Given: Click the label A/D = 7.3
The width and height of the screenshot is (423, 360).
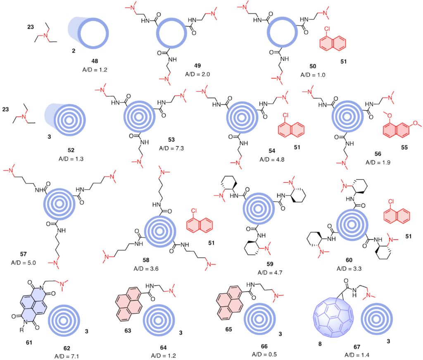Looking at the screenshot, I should [x=170, y=148].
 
